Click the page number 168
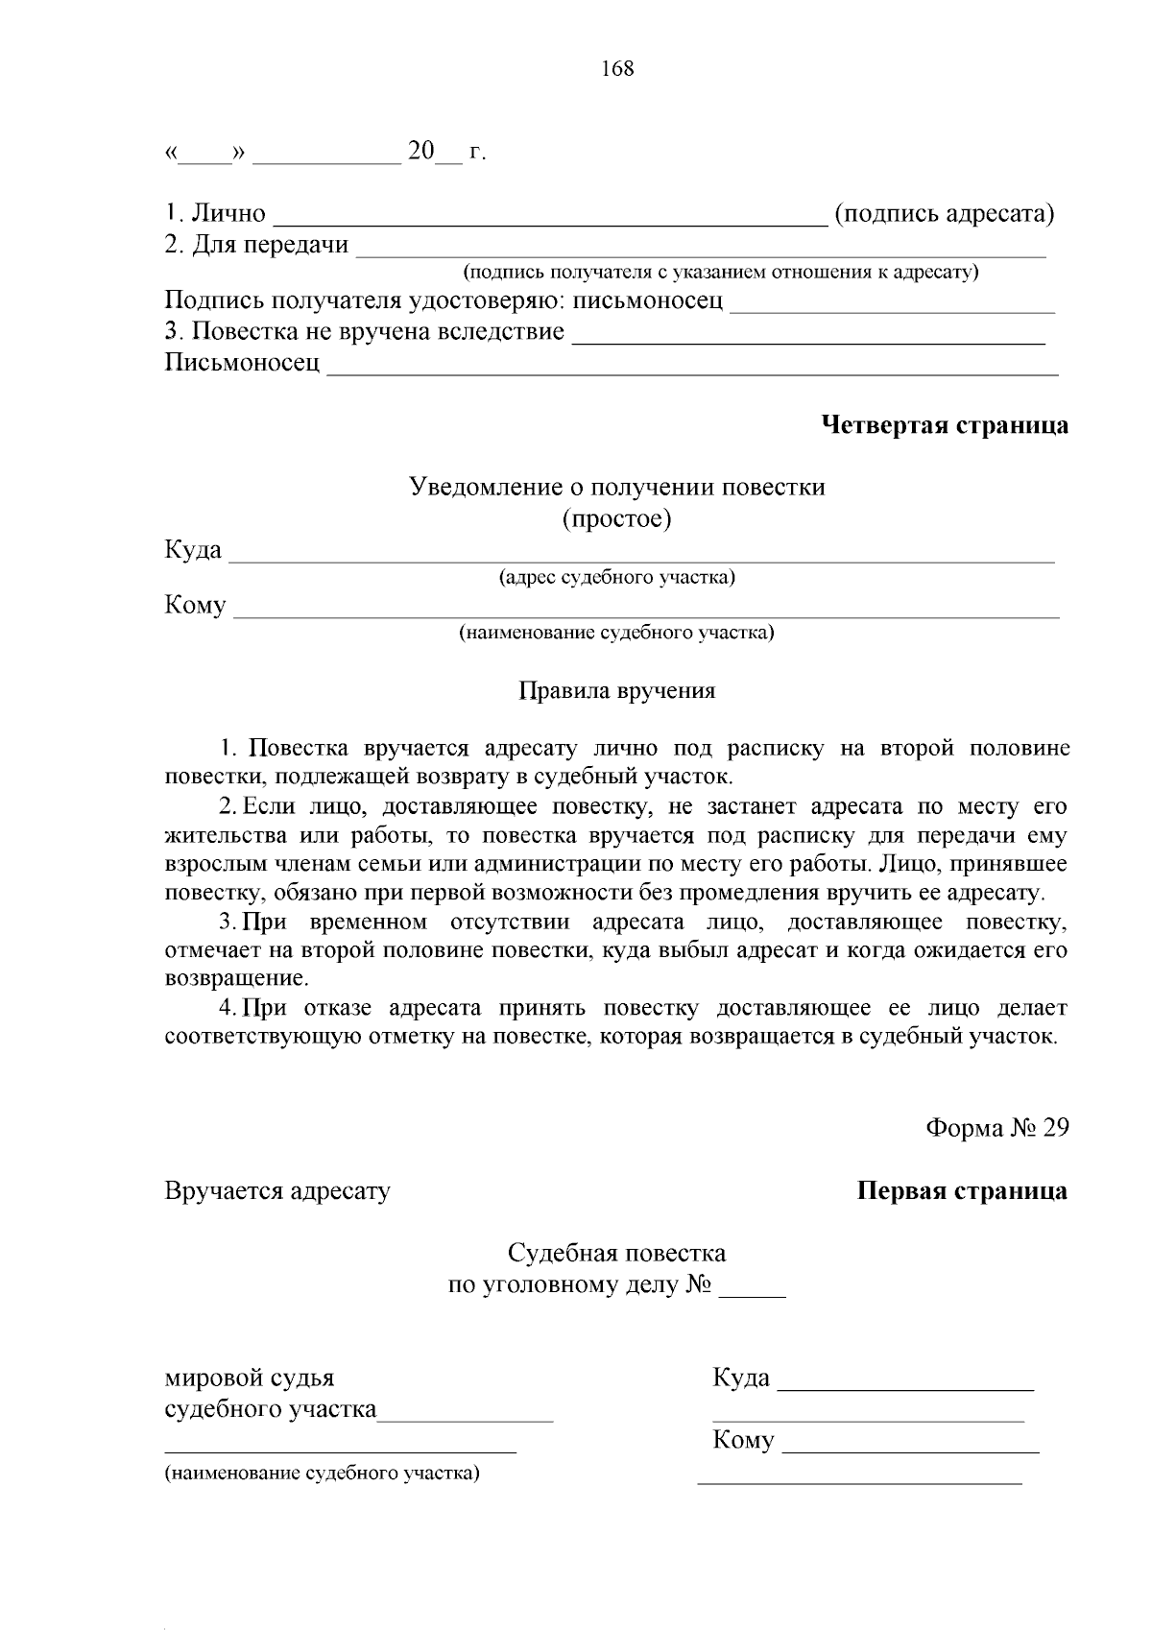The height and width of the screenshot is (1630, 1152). tap(617, 69)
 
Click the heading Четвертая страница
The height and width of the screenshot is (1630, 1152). tap(945, 425)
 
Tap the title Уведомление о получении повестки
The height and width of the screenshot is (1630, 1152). tap(617, 487)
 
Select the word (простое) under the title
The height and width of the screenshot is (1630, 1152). tap(617, 519)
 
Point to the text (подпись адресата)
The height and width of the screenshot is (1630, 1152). tap(945, 213)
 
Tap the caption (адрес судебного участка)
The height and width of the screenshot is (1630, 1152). tap(617, 577)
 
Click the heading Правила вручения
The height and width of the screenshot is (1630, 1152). tap(617, 690)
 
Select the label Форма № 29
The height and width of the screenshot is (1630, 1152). tap(996, 1127)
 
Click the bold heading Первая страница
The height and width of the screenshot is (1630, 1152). tap(962, 1191)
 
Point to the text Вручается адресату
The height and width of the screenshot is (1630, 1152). tap(277, 1191)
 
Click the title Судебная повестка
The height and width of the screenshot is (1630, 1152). tap(617, 1253)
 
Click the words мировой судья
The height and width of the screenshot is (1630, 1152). tap(250, 1378)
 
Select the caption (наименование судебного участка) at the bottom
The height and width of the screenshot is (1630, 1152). tap(322, 1473)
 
